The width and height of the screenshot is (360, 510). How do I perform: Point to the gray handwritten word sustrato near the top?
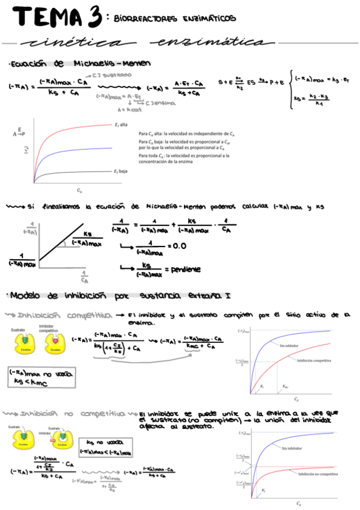click(115, 75)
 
